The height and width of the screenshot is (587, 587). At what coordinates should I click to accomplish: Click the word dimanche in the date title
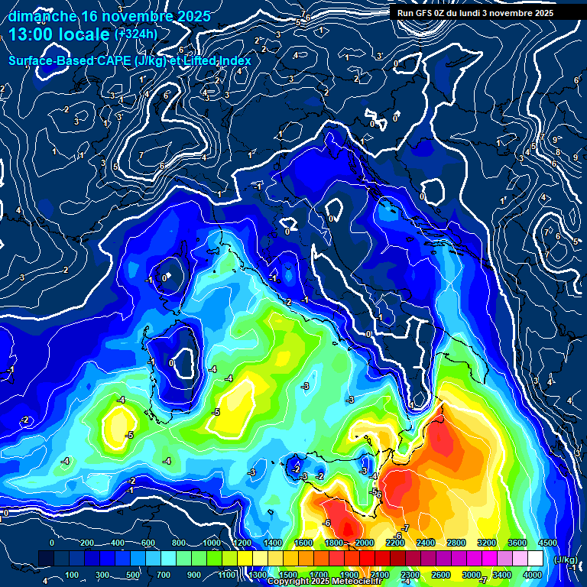[41, 16]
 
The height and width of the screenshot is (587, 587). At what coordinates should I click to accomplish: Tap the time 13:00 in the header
[30, 34]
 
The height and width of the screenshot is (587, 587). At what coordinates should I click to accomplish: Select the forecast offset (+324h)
[135, 34]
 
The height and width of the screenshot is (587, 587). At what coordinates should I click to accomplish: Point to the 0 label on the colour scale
[52, 543]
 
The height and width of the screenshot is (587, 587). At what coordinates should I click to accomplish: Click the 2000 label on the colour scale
[365, 543]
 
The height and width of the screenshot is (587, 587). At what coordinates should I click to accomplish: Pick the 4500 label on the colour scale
[548, 543]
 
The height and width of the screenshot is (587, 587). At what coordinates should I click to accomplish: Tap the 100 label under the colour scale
[72, 574]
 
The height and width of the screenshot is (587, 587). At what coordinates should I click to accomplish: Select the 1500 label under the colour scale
[287, 574]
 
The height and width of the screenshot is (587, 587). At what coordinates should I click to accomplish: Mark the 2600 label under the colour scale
[441, 574]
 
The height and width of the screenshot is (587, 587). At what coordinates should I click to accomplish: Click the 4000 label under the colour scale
[533, 574]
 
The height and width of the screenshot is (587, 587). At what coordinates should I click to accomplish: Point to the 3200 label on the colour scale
[487, 543]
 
